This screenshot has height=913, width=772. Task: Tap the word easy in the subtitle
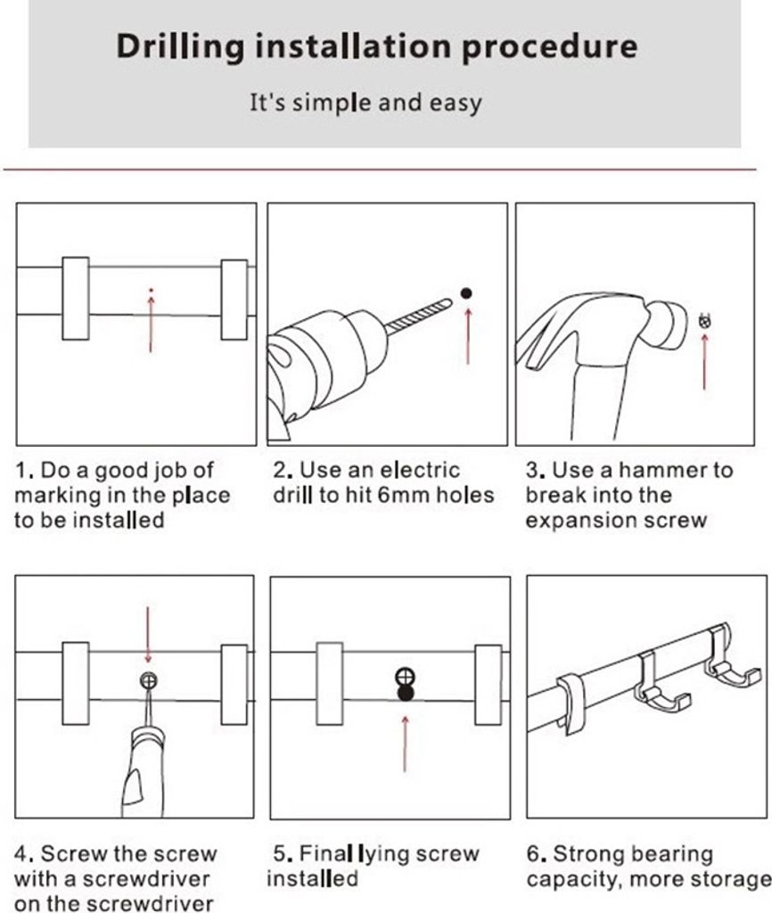coord(456,103)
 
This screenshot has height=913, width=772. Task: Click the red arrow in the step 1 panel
coord(151,324)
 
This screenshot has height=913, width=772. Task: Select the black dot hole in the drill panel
coord(465,293)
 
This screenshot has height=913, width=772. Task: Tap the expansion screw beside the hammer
coord(705,321)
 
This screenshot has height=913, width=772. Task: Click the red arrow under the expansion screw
coord(704,361)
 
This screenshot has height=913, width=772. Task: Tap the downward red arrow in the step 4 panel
coord(148,635)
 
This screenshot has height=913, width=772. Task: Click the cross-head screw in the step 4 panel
coord(149,679)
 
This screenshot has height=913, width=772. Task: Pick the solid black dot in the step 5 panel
coord(406,693)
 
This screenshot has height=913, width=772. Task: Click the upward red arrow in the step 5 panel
coord(406,744)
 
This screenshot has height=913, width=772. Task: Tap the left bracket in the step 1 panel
coord(76,298)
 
